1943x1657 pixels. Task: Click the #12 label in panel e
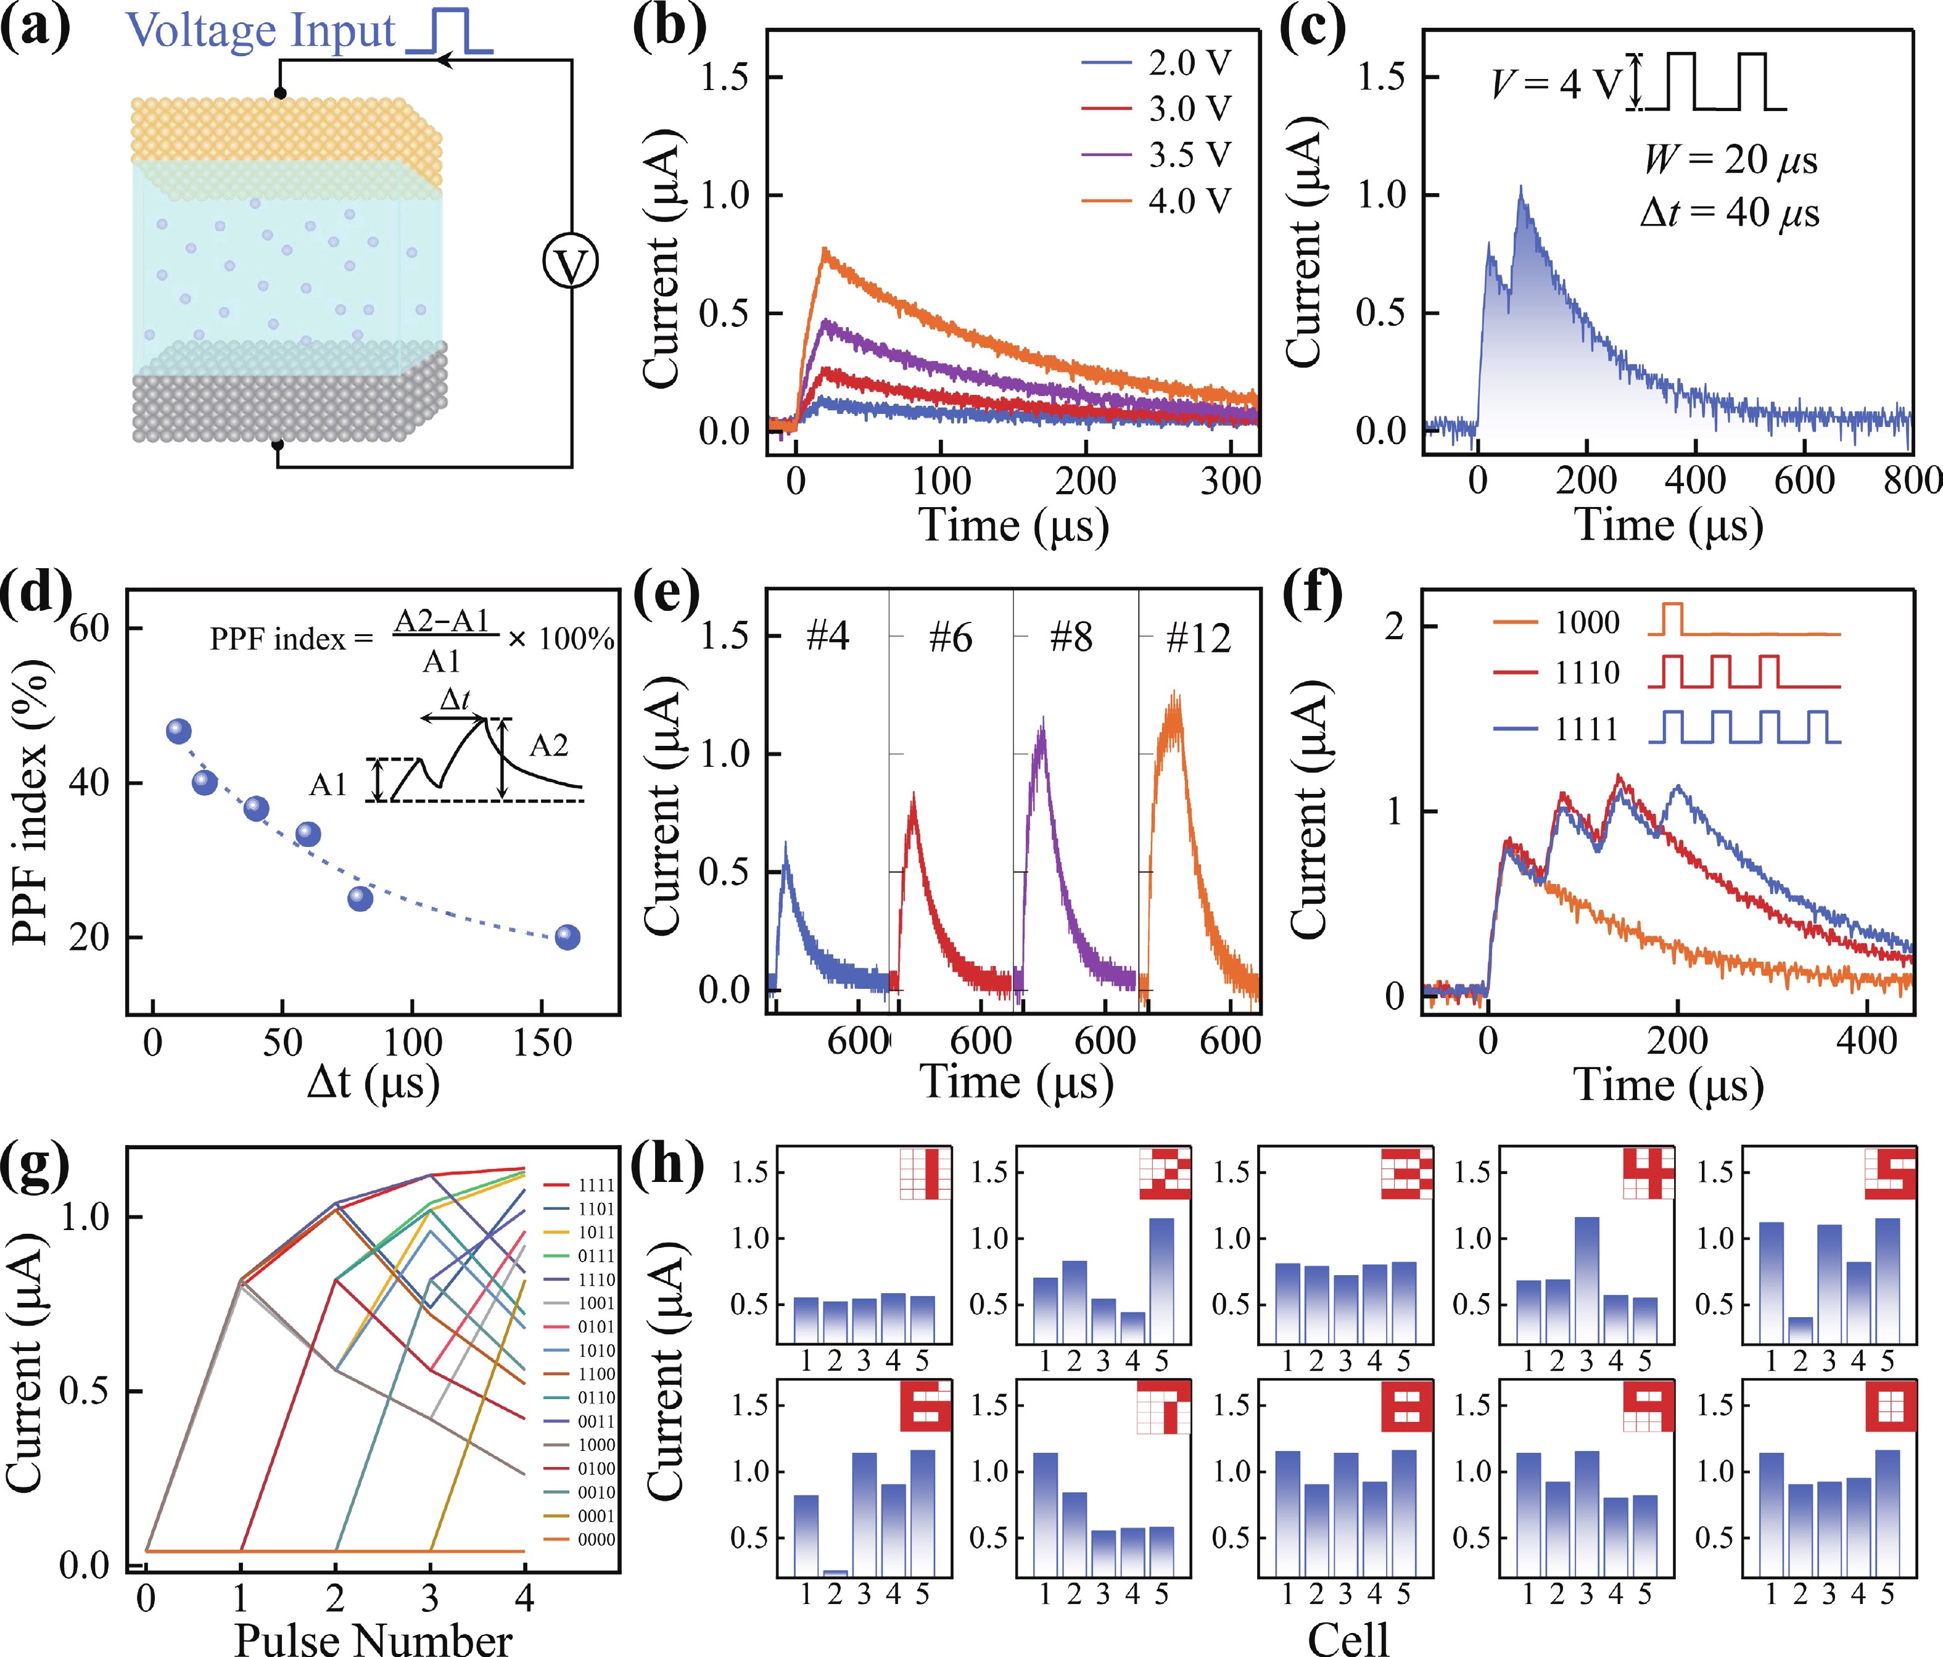(1197, 638)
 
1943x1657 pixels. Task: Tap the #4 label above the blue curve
(827, 637)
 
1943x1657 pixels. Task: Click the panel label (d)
(36, 593)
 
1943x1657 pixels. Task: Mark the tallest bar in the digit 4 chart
(1586, 1280)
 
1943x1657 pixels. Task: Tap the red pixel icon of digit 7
(1164, 1407)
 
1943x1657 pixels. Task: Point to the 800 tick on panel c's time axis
(1911, 480)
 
